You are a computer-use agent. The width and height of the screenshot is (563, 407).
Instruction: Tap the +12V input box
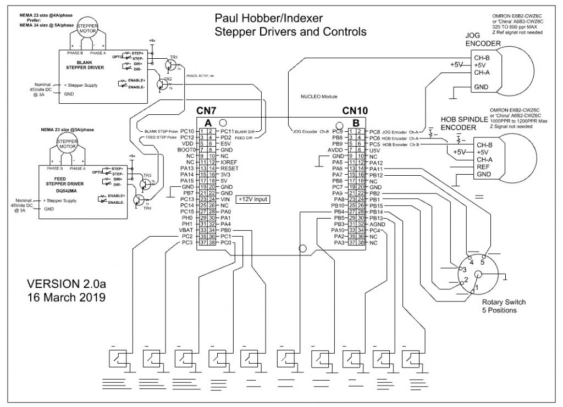(x=253, y=199)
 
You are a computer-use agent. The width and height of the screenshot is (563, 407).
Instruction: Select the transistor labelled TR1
(x=172, y=65)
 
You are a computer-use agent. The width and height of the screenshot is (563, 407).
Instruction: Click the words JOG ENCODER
(x=483, y=38)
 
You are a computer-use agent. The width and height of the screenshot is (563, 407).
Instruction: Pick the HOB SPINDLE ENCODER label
(x=464, y=124)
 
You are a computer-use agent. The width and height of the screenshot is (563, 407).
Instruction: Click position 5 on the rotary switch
(x=483, y=263)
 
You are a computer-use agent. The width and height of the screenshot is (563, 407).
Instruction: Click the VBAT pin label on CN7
(x=186, y=230)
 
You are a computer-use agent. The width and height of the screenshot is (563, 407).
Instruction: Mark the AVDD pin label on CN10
(x=334, y=149)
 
